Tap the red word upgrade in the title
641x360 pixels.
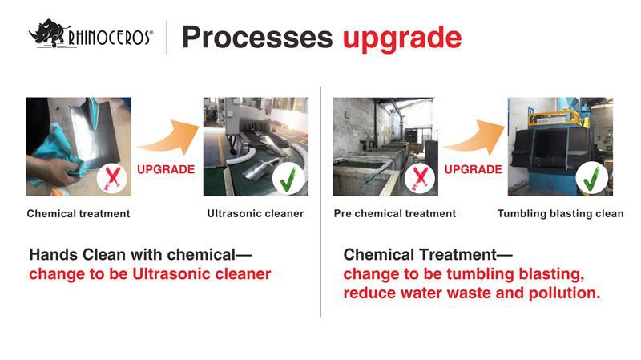click(401, 38)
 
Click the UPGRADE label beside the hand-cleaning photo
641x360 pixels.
click(166, 170)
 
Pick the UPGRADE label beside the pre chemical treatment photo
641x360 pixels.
click(473, 170)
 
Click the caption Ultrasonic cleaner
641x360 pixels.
click(256, 214)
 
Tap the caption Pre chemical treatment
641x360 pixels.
click(394, 214)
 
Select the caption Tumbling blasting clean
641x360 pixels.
click(560, 214)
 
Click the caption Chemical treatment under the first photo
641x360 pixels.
click(78, 214)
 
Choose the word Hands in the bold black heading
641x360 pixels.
click(54, 255)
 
